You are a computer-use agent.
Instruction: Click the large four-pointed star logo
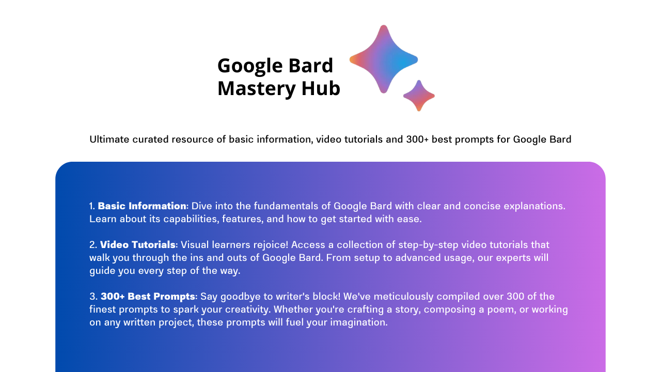click(x=383, y=59)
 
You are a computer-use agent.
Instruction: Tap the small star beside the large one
click(x=419, y=96)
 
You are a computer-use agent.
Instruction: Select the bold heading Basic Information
click(x=142, y=206)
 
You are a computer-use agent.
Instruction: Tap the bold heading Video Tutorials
click(x=138, y=244)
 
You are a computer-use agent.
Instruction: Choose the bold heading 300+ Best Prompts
click(x=148, y=297)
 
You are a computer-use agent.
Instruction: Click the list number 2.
click(x=92, y=244)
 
